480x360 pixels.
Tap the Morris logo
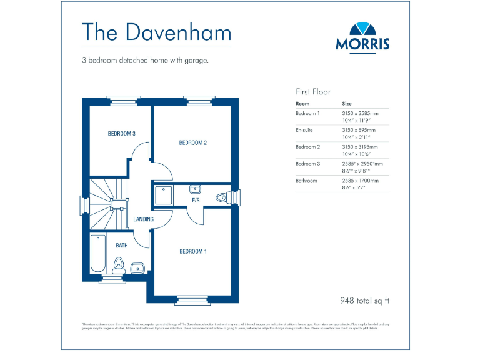tap(362, 36)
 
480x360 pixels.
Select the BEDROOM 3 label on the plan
tap(121, 134)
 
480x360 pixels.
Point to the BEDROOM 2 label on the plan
tap(192, 143)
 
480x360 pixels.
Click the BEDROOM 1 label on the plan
tap(192, 252)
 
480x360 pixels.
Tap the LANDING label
tap(144, 220)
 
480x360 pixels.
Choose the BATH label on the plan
tap(121, 246)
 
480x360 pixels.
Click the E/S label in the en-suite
tap(195, 201)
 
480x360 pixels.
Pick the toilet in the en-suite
tap(221, 197)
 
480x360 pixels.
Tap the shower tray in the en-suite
tap(164, 195)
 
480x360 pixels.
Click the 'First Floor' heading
tap(313, 91)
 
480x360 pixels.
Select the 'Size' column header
tap(347, 103)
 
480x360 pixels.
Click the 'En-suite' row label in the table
tap(304, 130)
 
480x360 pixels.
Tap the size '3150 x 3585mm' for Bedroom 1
tap(361, 113)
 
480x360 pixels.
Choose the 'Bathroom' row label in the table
tap(306, 181)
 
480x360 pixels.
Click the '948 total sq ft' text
tap(364, 301)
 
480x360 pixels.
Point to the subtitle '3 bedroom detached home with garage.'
tap(145, 61)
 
